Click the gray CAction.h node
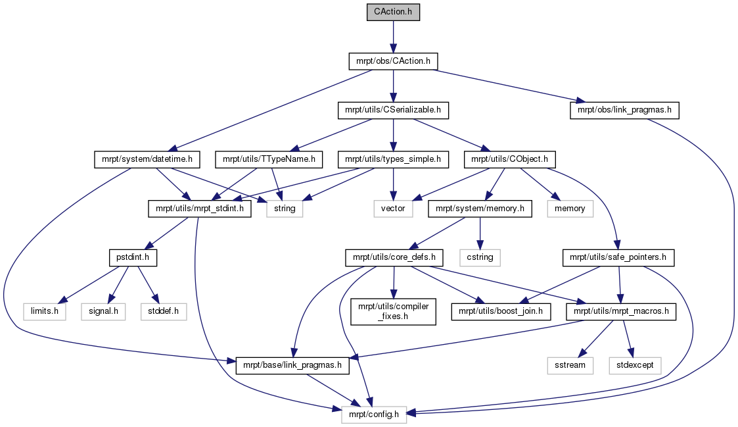tap(393, 13)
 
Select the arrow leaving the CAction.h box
tap(393, 37)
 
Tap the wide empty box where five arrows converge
tap(374, 414)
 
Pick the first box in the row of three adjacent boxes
tap(45, 312)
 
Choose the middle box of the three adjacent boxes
tap(103, 312)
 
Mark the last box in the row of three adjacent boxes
tap(164, 312)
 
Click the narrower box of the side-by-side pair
tap(570, 366)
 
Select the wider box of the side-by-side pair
tap(635, 366)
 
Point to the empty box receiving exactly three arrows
tap(285, 209)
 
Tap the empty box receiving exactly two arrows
tap(393, 209)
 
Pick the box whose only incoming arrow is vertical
tap(480, 258)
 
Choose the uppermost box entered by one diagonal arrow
tap(570, 209)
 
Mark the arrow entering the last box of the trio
tap(148, 285)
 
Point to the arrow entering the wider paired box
tap(627, 338)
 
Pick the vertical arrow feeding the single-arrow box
tap(480, 234)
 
